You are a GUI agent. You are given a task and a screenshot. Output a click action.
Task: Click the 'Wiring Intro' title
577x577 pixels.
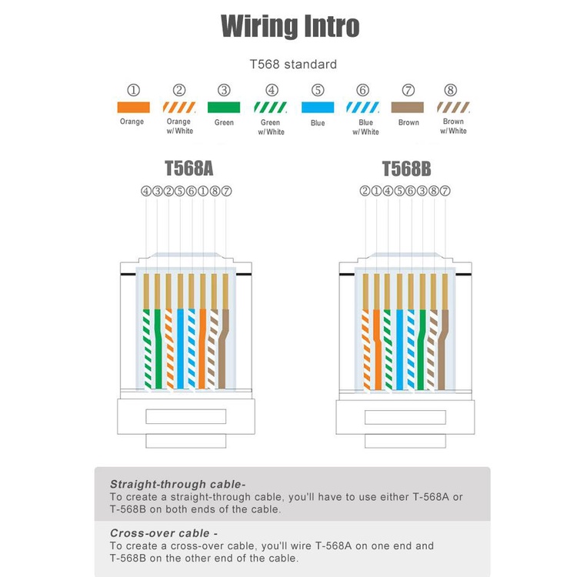(x=290, y=26)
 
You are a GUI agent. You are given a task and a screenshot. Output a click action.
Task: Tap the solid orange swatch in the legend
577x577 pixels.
(x=133, y=108)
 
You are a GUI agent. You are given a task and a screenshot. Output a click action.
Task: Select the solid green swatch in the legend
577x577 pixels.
(x=224, y=108)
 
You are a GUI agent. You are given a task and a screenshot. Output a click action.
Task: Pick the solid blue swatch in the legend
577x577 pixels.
(x=318, y=108)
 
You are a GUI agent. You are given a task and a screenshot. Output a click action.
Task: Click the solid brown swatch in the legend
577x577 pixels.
(x=407, y=108)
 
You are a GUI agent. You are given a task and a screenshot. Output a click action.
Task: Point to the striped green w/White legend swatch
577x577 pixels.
(x=271, y=108)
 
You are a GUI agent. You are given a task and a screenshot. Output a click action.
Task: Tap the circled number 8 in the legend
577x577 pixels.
(x=450, y=90)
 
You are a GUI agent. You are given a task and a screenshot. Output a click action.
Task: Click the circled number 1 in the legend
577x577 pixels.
(x=134, y=90)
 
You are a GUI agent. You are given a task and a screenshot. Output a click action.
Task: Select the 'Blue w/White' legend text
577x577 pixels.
(x=365, y=127)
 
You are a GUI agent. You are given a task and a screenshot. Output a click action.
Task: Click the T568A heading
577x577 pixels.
(x=188, y=168)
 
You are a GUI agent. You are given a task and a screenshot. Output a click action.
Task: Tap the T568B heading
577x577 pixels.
(x=406, y=169)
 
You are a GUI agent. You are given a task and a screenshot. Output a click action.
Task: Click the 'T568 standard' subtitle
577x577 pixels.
(x=293, y=65)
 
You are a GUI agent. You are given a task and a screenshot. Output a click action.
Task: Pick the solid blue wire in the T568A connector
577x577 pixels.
(x=180, y=349)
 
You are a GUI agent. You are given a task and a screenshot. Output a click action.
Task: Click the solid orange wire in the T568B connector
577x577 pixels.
(x=377, y=349)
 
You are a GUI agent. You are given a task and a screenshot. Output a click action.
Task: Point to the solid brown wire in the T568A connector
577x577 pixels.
(x=223, y=349)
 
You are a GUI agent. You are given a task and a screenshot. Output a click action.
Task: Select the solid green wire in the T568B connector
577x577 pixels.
(x=422, y=349)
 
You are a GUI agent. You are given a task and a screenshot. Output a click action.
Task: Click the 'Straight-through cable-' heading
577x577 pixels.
(x=178, y=484)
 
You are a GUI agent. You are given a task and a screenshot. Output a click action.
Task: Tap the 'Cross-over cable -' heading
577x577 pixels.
(x=164, y=533)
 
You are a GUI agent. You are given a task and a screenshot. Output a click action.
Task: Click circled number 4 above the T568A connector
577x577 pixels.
(x=146, y=191)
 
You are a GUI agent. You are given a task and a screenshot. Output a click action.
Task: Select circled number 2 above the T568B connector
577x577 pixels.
(x=365, y=191)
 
